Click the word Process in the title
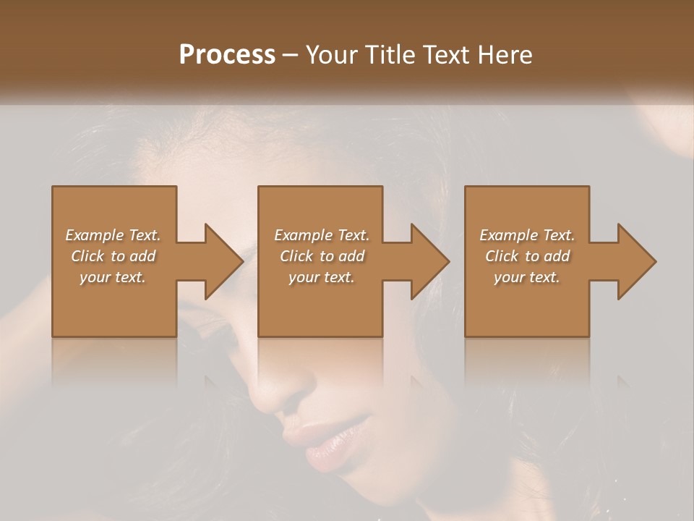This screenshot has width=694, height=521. coord(227,55)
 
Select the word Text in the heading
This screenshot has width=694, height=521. coord(444,55)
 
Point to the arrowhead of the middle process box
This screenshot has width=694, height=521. coord(429,261)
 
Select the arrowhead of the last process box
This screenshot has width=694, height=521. coord(636,261)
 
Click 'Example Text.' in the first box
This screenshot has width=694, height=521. coord(113,235)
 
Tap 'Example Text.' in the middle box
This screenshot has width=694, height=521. coord(321,235)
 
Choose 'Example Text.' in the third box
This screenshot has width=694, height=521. coord(527,235)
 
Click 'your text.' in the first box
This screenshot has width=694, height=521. coord(113,277)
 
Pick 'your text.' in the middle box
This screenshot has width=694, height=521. coord(321,277)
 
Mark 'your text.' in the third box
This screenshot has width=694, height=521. coord(527,277)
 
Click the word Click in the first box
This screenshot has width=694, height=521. coord(87,256)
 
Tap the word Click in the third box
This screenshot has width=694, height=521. coord(502,256)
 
